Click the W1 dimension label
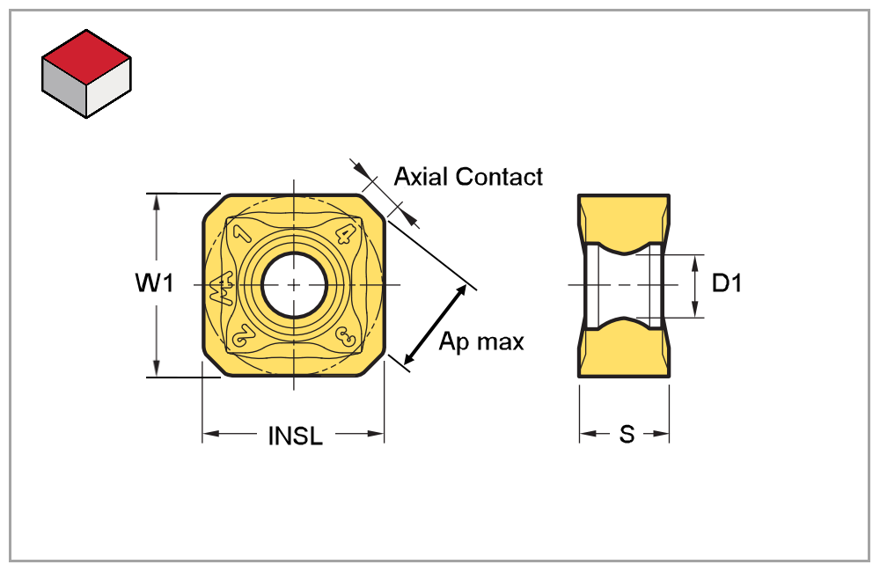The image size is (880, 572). [x=155, y=284]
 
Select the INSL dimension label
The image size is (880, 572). [x=295, y=436]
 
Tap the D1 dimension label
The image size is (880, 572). [x=727, y=284]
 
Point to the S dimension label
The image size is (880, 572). [x=626, y=435]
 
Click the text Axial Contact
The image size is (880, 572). [x=468, y=177]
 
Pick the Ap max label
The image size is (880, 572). [x=481, y=341]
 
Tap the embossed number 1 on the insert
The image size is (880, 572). [x=244, y=234]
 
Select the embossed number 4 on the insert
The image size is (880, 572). [x=346, y=234]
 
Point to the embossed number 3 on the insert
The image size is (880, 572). [x=345, y=337]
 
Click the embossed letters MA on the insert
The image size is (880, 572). [x=221, y=287]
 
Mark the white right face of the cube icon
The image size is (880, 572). [x=109, y=91]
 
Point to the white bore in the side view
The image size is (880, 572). [x=624, y=285]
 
